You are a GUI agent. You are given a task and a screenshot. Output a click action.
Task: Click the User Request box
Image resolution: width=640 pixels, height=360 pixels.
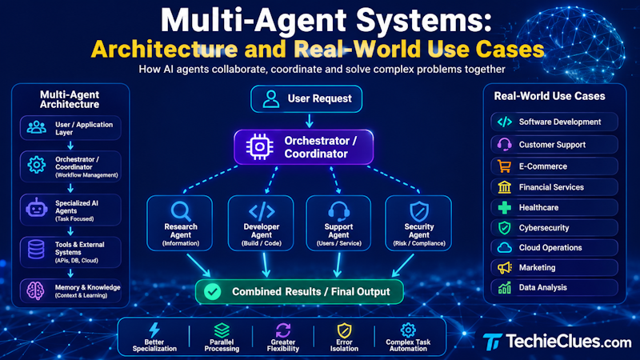tap(306, 98)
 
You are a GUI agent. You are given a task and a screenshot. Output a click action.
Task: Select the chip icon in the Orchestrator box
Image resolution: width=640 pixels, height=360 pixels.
tap(259, 146)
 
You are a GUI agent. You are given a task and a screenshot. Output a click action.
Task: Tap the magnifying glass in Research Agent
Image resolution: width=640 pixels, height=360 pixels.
tap(181, 211)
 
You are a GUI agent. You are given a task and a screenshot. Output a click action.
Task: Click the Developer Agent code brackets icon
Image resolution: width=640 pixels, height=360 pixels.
tap(262, 211)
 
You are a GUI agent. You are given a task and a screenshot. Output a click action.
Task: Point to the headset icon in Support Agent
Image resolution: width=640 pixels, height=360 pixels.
tap(338, 211)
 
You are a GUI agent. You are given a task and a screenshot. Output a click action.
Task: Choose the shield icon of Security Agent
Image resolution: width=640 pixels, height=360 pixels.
tap(419, 211)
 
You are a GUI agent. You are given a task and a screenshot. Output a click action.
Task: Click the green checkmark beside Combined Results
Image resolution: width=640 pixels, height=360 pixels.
tap(212, 291)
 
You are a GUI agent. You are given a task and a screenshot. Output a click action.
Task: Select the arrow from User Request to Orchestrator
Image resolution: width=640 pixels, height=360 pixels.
tap(310, 121)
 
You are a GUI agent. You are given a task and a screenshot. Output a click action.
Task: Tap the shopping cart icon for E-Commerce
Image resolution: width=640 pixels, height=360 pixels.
tap(504, 166)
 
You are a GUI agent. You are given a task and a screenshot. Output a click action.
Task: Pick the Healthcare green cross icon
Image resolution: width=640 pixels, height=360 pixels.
tap(505, 207)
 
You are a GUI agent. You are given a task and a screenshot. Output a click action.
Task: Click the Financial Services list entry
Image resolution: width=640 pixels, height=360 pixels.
tap(554, 187)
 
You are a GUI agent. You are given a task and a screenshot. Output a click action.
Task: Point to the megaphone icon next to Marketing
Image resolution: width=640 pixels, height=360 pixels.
tap(505, 268)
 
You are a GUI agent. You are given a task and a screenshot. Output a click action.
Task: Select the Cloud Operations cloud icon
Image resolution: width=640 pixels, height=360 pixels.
tap(505, 247)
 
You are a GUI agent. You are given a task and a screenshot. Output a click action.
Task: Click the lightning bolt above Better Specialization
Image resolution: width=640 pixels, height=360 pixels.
tap(154, 330)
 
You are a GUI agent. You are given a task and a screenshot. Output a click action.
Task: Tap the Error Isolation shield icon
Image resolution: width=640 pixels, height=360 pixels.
tap(344, 330)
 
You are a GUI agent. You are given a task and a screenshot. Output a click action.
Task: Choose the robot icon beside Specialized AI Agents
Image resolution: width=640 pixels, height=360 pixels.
tap(36, 208)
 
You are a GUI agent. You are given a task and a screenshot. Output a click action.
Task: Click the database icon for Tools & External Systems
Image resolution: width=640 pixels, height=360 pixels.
tap(36, 250)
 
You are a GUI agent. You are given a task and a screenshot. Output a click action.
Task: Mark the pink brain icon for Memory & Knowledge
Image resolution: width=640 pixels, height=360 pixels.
tap(35, 290)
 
